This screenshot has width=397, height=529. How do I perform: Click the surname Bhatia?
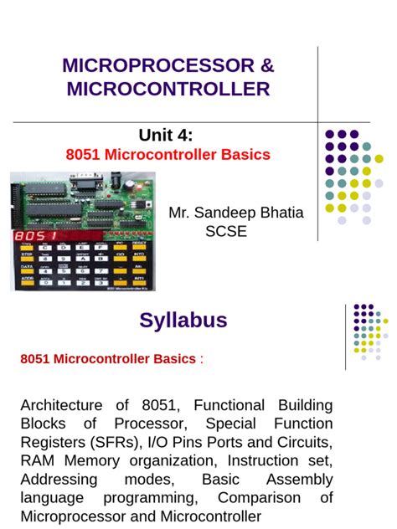point(280,213)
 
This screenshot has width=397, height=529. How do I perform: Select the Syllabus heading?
point(183,320)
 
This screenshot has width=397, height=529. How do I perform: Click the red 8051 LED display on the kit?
point(34,237)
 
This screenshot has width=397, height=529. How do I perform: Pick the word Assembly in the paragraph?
point(299,480)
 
